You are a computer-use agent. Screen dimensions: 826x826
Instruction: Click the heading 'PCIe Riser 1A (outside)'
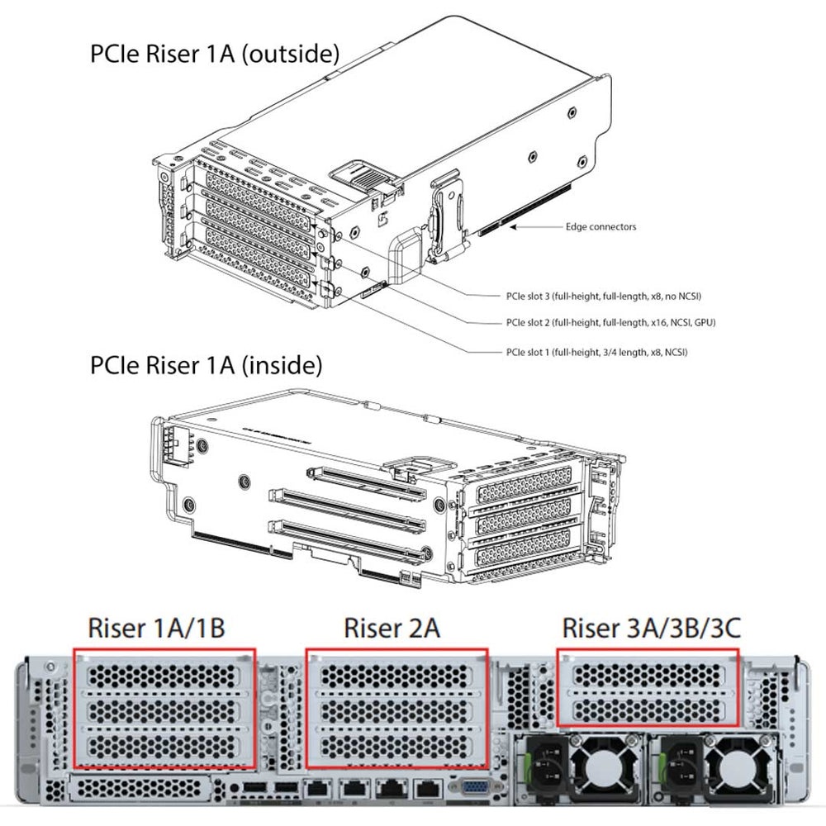click(x=214, y=55)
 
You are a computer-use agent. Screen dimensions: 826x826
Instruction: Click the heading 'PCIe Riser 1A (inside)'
click(x=206, y=364)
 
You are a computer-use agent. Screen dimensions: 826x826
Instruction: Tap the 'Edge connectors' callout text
click(x=601, y=226)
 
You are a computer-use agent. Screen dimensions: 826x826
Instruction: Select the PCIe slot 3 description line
click(x=608, y=295)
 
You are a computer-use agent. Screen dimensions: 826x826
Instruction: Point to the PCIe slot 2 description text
click(x=610, y=322)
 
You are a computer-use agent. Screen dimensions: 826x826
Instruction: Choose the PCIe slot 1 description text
click(x=596, y=352)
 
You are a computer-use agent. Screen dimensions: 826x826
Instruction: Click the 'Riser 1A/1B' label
click(x=156, y=628)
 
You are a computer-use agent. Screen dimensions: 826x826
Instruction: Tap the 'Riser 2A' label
click(x=392, y=628)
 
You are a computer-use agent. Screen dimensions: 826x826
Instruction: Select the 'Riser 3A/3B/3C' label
click(x=651, y=628)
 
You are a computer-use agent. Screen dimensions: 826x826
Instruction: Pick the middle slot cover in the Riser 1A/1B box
click(x=165, y=711)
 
